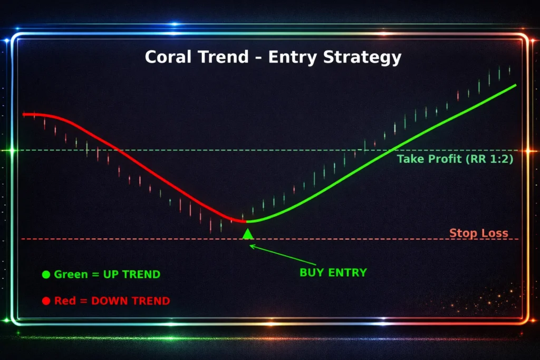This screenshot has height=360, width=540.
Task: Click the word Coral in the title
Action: pyautogui.click(x=168, y=57)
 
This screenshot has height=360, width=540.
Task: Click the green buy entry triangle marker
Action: pyautogui.click(x=248, y=234)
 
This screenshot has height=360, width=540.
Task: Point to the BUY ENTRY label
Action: pyautogui.click(x=333, y=273)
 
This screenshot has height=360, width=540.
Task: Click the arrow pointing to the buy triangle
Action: pyautogui.click(x=283, y=255)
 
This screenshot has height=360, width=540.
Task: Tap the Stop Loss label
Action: pyautogui.click(x=479, y=233)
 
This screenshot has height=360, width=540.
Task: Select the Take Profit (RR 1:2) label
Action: pyautogui.click(x=455, y=159)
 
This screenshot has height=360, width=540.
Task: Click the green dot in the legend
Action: pyautogui.click(x=46, y=274)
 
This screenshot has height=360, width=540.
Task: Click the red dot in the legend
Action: pyautogui.click(x=46, y=301)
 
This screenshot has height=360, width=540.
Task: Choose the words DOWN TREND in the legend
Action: pyautogui.click(x=131, y=301)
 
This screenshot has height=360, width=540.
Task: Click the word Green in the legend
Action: pyautogui.click(x=71, y=274)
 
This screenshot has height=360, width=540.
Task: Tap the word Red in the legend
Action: pyautogui.click(x=65, y=301)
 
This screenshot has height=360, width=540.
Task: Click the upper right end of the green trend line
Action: pyautogui.click(x=516, y=85)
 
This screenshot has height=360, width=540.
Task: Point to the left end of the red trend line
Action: pyautogui.click(x=23, y=114)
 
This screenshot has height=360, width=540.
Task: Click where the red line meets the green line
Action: pyautogui.click(x=246, y=222)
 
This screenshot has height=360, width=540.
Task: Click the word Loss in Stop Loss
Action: pyautogui.click(x=495, y=233)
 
